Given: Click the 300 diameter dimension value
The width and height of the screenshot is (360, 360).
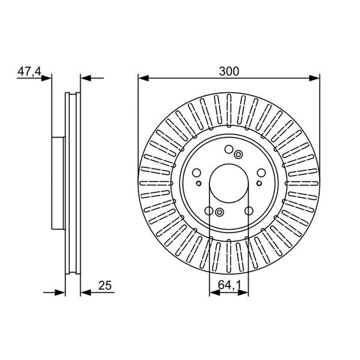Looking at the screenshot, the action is [229, 71].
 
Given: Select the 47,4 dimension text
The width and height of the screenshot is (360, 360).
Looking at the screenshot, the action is [29, 72].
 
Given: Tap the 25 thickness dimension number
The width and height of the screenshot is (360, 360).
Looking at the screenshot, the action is [105, 285].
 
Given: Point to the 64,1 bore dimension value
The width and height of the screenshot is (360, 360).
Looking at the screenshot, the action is [229, 285].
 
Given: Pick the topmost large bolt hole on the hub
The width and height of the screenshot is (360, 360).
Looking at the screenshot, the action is [229, 149].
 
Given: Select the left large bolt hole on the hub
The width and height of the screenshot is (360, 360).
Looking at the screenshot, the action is [197, 173].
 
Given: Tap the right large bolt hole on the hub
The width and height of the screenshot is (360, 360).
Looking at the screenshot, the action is [261, 173].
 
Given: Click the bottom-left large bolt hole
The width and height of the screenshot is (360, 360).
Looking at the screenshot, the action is [209, 211].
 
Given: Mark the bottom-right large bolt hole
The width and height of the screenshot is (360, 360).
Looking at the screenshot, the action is [249, 211].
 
